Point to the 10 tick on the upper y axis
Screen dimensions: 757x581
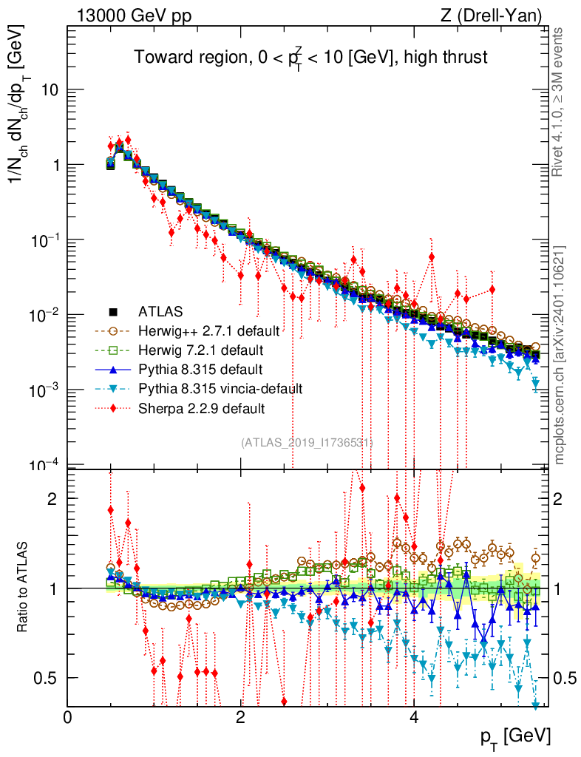(x=50, y=90)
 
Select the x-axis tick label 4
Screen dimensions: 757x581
(x=414, y=717)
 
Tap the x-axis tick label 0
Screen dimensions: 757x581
(x=68, y=717)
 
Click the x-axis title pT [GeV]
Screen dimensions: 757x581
(x=514, y=736)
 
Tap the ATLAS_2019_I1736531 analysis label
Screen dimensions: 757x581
(x=307, y=443)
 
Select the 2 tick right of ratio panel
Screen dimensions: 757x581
(x=560, y=498)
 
